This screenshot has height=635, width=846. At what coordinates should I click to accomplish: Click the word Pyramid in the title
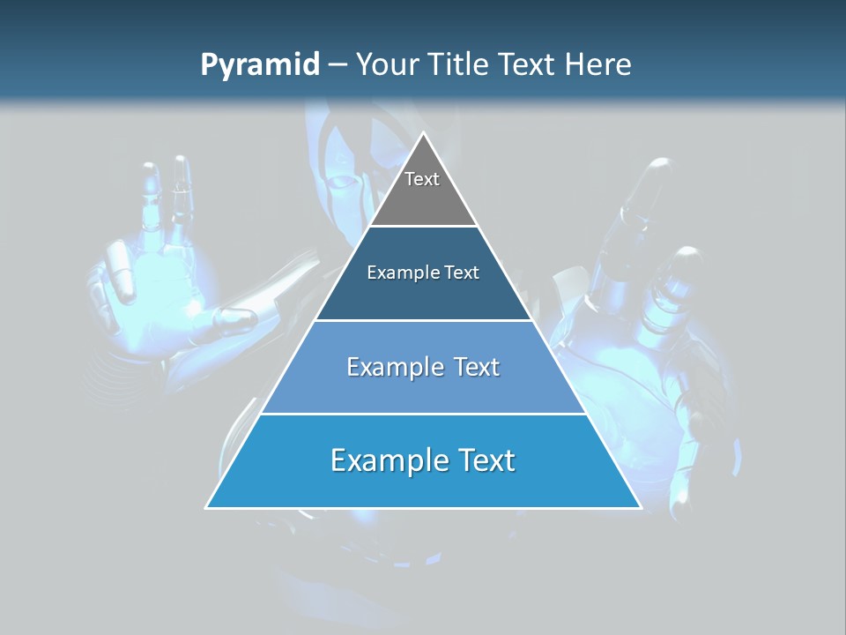pyautogui.click(x=259, y=65)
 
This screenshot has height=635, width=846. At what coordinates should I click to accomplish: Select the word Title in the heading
pyautogui.click(x=461, y=65)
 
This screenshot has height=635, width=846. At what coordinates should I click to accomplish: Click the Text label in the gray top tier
pyautogui.click(x=422, y=179)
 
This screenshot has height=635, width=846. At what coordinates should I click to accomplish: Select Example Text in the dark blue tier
pyautogui.click(x=423, y=273)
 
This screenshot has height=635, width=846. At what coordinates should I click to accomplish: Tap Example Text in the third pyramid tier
pyautogui.click(x=423, y=367)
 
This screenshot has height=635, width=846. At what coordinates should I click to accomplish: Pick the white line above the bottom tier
pyautogui.click(x=423, y=414)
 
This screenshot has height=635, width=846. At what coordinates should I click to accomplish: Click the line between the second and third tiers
pyautogui.click(x=423, y=320)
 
